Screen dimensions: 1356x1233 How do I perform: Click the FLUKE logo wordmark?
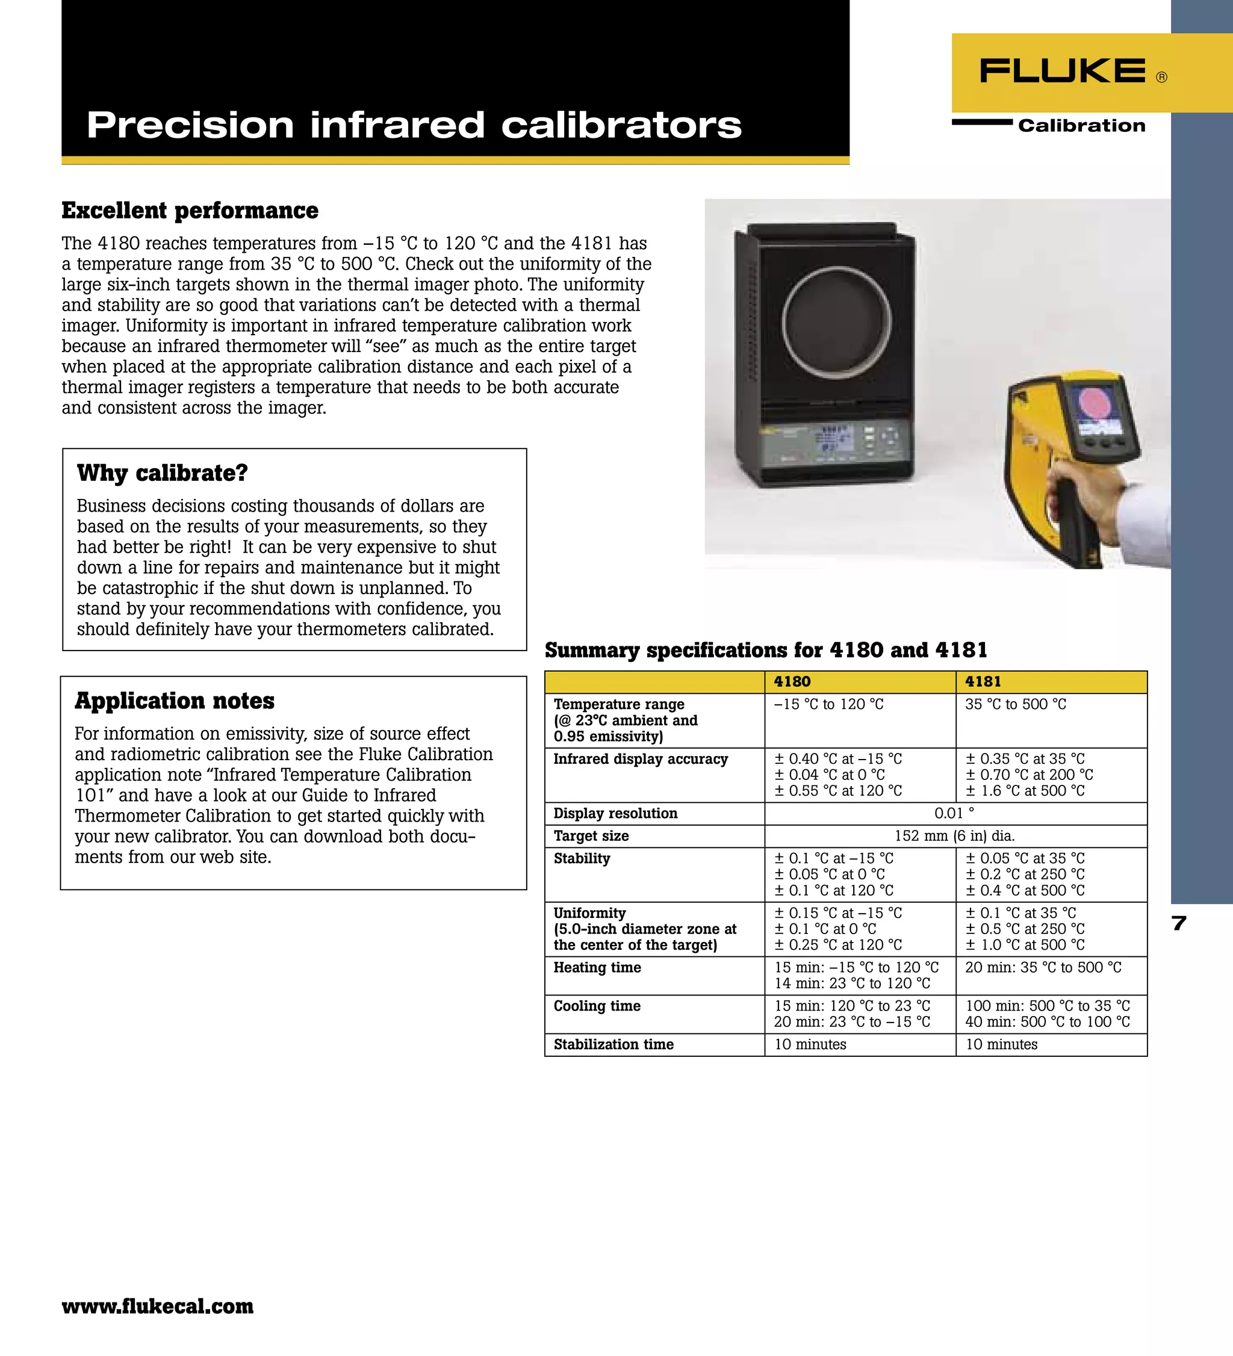(x=1063, y=70)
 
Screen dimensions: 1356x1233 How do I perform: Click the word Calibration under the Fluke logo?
(x=1081, y=126)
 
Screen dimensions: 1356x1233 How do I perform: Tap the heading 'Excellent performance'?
(x=190, y=211)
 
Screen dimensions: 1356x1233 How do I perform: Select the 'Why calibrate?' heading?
(x=162, y=473)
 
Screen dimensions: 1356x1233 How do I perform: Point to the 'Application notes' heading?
(x=174, y=701)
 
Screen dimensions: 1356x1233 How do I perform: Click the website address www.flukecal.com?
(x=157, y=1305)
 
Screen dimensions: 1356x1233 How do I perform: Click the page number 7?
(x=1178, y=923)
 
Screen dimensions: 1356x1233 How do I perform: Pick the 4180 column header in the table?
(x=792, y=681)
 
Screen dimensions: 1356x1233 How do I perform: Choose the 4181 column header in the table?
(x=983, y=681)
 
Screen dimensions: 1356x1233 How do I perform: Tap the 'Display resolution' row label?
(x=615, y=813)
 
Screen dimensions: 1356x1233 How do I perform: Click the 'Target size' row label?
(x=591, y=836)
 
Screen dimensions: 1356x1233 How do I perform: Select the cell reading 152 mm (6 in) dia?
(x=954, y=836)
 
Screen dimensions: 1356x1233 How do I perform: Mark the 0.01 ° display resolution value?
(x=954, y=813)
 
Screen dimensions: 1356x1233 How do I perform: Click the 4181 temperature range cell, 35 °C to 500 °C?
(x=1015, y=704)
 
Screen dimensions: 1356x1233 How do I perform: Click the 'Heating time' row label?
(x=597, y=967)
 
